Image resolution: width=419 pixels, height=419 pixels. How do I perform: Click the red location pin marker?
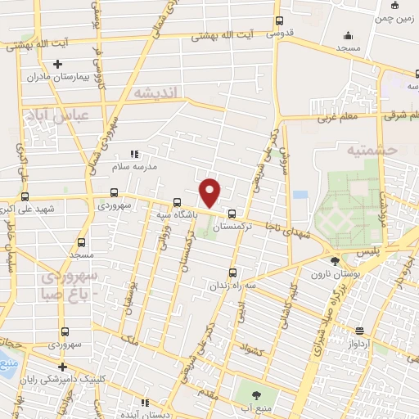click(x=210, y=192)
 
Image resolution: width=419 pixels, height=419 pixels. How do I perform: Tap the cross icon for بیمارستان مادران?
click(x=56, y=64)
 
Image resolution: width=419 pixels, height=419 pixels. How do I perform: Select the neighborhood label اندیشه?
click(x=154, y=93)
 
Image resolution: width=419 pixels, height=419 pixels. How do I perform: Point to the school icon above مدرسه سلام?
click(x=135, y=153)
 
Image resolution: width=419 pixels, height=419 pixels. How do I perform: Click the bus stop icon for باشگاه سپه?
click(x=177, y=202)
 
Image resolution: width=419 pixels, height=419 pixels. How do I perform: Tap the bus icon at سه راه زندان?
click(x=232, y=273)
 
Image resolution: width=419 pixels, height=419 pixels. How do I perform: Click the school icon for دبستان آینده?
click(x=145, y=403)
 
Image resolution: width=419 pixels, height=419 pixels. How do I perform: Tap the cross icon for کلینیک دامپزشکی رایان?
click(x=61, y=366)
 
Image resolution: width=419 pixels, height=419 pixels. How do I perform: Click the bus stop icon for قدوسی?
click(x=279, y=21)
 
